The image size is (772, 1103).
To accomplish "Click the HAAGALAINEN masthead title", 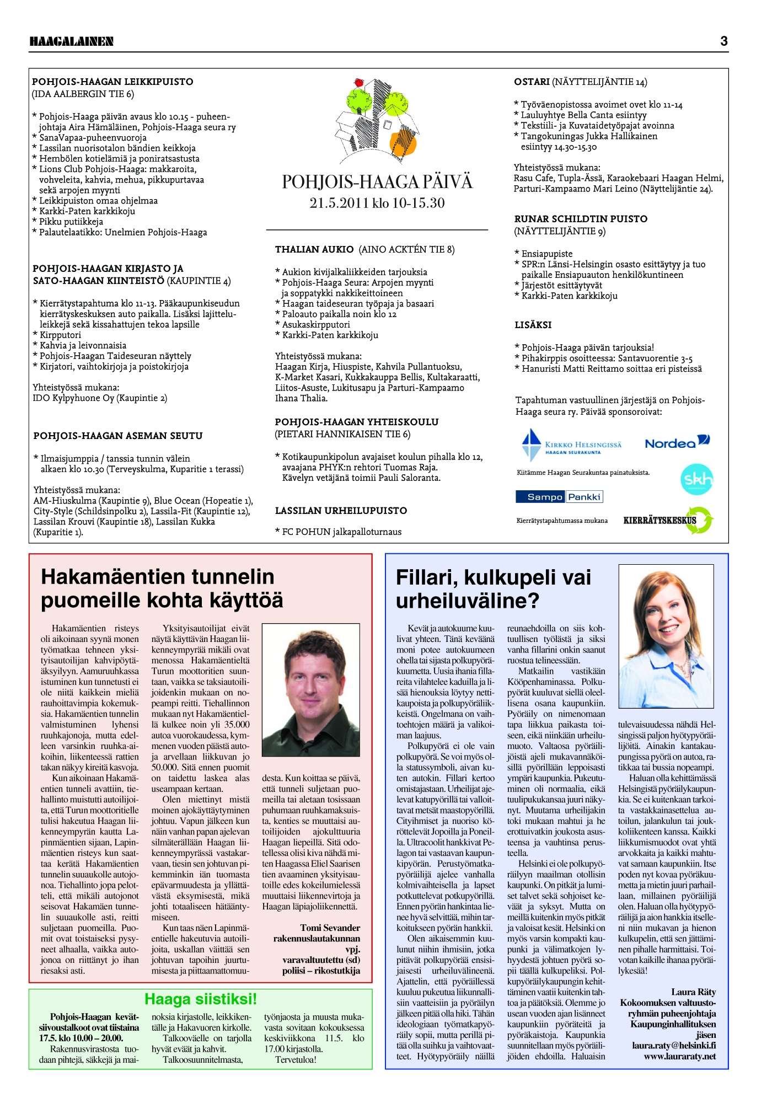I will pyautogui.click(x=72, y=41).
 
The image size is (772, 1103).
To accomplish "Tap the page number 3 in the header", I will pyautogui.click(x=723, y=41).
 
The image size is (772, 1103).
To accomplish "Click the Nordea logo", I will pyautogui.click(x=677, y=442).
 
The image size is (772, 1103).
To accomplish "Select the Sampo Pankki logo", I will pyautogui.click(x=559, y=497).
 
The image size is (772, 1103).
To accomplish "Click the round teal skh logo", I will pyautogui.click(x=697, y=479).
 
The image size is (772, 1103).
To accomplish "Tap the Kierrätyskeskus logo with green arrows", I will pyautogui.click(x=668, y=520).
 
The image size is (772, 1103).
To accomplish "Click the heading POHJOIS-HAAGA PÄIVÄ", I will pyautogui.click(x=377, y=182).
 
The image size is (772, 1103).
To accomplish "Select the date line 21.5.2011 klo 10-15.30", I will pyautogui.click(x=377, y=203).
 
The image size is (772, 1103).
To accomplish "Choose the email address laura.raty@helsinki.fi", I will pyautogui.click(x=674, y=1045).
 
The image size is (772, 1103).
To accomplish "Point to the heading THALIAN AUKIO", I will pyautogui.click(x=314, y=249).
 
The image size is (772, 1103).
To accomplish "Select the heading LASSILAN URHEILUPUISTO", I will pyautogui.click(x=341, y=511).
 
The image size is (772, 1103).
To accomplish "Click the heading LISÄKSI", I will pyautogui.click(x=533, y=325).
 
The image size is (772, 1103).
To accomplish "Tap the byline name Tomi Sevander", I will pyautogui.click(x=330, y=928).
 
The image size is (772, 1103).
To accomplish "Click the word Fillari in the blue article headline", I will pyautogui.click(x=424, y=577).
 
